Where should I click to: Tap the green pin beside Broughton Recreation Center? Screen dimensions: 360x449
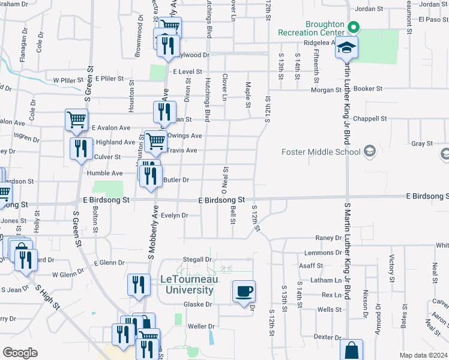click(354, 27)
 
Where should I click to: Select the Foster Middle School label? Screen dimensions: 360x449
click(320, 152)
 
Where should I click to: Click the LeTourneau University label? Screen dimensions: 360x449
click(187, 284)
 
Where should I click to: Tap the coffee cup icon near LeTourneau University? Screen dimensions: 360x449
click(243, 292)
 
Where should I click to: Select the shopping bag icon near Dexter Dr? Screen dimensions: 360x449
click(351, 350)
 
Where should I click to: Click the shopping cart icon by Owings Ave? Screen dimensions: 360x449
click(155, 142)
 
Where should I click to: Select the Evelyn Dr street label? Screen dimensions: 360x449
click(175, 215)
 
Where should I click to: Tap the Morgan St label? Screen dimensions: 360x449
click(325, 90)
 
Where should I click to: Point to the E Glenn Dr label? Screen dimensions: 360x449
click(109, 263)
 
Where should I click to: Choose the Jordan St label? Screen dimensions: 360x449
click(369, 9)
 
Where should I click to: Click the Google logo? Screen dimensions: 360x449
click(20, 353)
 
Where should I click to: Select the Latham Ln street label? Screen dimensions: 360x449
click(330, 280)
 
